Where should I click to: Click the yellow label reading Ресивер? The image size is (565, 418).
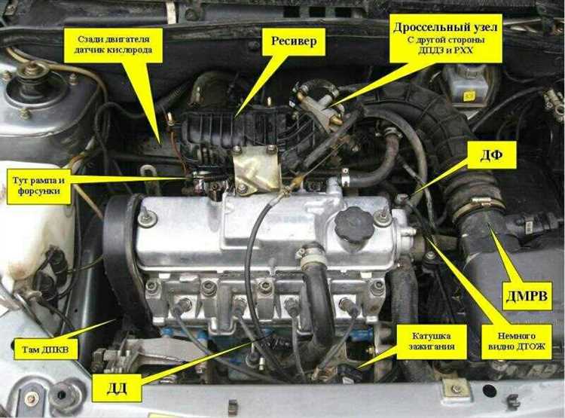(x=294, y=41)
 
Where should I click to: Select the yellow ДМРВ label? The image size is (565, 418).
(x=527, y=296)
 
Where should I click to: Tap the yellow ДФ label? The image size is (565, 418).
(x=491, y=154)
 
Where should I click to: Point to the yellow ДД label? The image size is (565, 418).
(x=117, y=388)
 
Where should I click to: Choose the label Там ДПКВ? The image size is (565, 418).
(x=45, y=349)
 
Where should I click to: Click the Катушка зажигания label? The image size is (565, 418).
(x=432, y=341)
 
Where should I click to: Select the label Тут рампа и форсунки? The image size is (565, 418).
(x=39, y=185)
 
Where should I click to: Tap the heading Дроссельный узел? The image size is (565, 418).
(x=445, y=27)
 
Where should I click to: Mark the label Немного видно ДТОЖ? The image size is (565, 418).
(x=516, y=341)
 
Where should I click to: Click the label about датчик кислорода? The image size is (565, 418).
(x=113, y=44)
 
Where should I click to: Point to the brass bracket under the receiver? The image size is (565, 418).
(x=257, y=168)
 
